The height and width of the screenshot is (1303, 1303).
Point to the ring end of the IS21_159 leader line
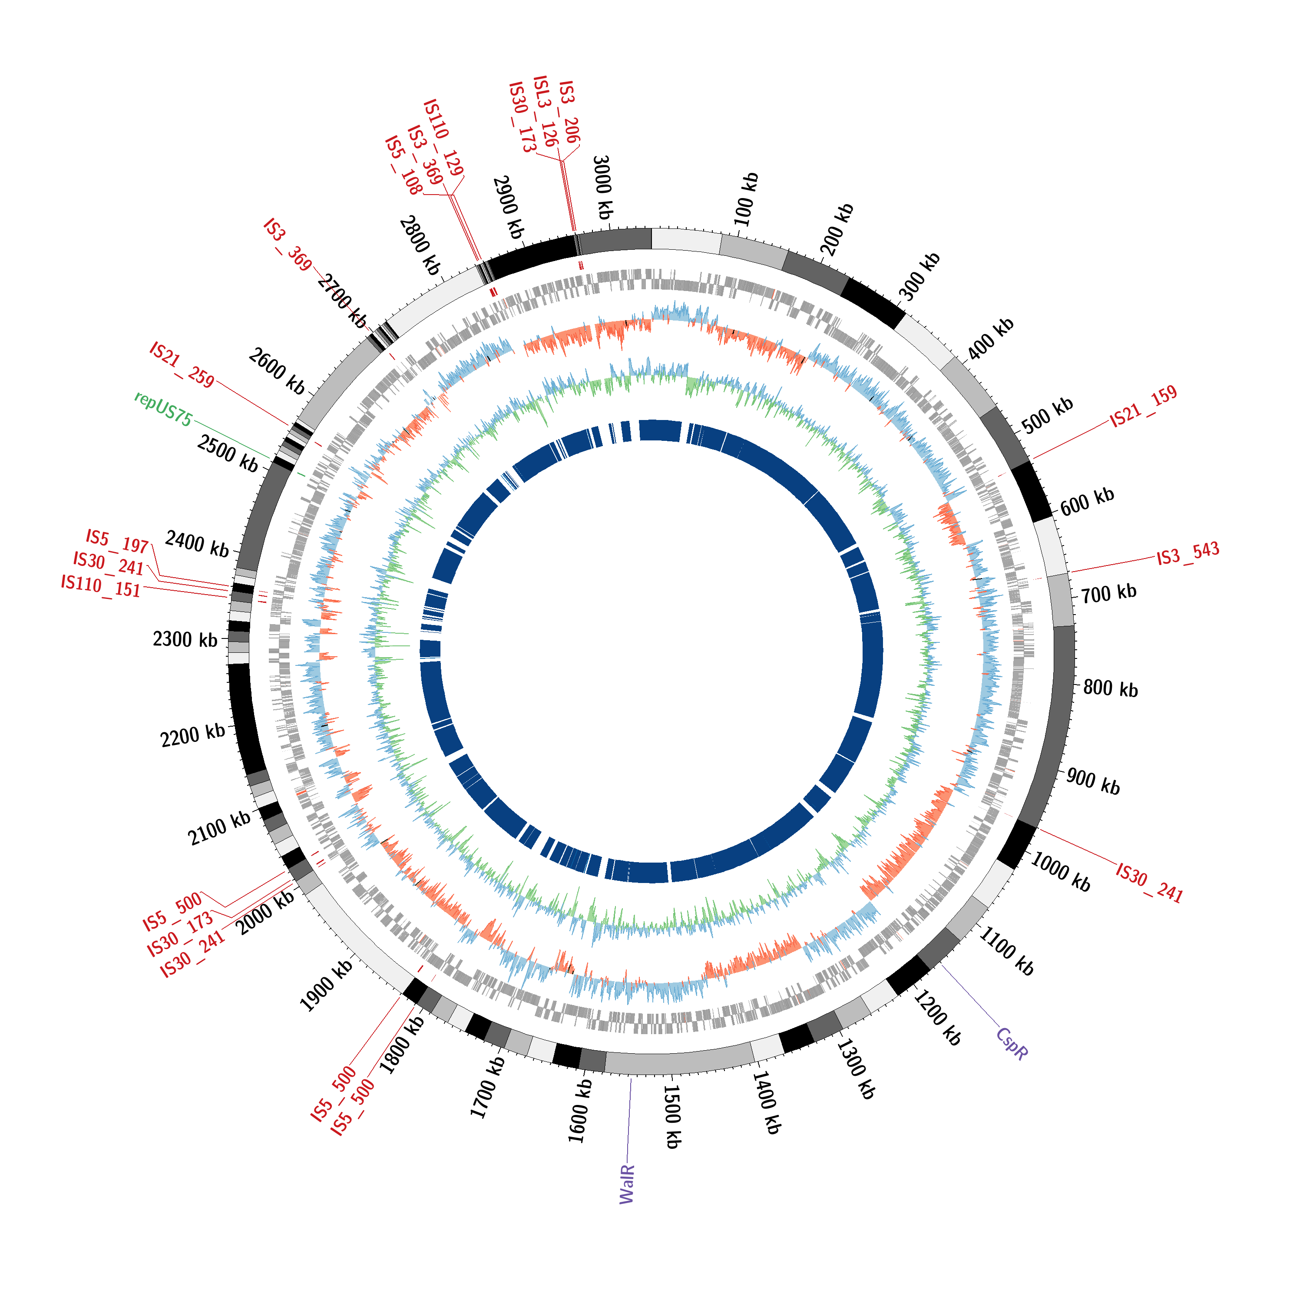pos(1033,459)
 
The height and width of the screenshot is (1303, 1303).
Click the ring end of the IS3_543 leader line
pos(1071,572)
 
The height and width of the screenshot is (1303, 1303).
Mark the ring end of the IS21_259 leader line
pos(290,425)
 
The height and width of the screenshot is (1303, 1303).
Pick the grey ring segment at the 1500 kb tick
pos(678,1064)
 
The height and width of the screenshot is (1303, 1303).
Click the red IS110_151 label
pos(100,585)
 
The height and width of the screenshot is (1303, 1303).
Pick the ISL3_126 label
pos(545,111)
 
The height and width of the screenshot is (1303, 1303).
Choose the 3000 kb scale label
pos(602,187)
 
